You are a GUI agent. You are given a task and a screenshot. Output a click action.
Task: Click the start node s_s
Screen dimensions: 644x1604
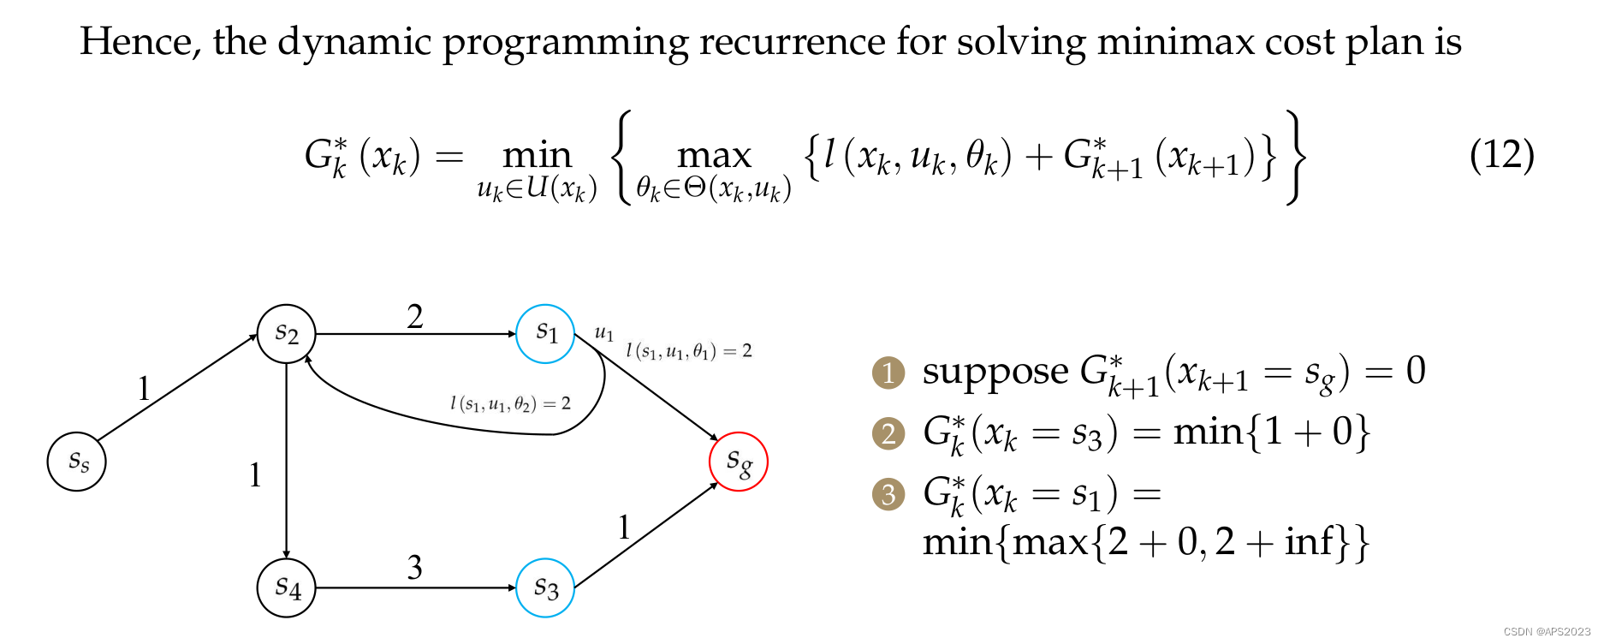pos(77,462)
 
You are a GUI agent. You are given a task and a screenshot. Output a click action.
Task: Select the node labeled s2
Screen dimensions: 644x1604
pos(287,333)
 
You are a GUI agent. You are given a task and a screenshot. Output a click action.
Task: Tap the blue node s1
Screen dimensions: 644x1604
pos(545,333)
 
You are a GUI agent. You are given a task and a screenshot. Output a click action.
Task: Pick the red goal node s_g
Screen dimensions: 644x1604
pos(738,462)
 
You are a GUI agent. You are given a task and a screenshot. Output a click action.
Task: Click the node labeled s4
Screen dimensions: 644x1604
pos(287,587)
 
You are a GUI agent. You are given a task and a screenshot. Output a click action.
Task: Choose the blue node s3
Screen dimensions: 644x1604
pos(545,587)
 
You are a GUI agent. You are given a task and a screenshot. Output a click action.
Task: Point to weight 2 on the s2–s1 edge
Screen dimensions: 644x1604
pos(415,317)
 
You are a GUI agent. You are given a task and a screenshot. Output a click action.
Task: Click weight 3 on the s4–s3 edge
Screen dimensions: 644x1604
pos(415,567)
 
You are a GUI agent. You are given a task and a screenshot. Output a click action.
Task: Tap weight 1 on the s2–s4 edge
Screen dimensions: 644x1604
pos(255,475)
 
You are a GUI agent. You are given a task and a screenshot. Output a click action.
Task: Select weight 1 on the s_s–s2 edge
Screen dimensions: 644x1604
pos(144,390)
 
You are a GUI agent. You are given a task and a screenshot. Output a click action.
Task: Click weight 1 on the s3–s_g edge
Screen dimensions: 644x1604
pos(624,528)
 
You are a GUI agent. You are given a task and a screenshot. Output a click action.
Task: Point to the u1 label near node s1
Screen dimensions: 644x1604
pos(604,332)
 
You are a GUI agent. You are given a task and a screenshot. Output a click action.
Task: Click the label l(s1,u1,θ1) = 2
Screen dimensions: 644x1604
pos(689,350)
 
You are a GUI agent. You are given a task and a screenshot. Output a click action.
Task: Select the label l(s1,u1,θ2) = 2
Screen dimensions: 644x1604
pos(510,403)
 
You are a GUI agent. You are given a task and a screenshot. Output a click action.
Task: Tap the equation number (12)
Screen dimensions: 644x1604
pos(1501,155)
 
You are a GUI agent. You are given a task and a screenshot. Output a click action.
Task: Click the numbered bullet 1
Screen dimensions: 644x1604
pos(888,373)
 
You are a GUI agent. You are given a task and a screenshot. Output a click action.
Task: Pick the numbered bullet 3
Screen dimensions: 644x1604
pos(888,494)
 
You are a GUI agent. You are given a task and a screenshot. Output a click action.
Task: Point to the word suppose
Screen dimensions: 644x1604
pos(995,372)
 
